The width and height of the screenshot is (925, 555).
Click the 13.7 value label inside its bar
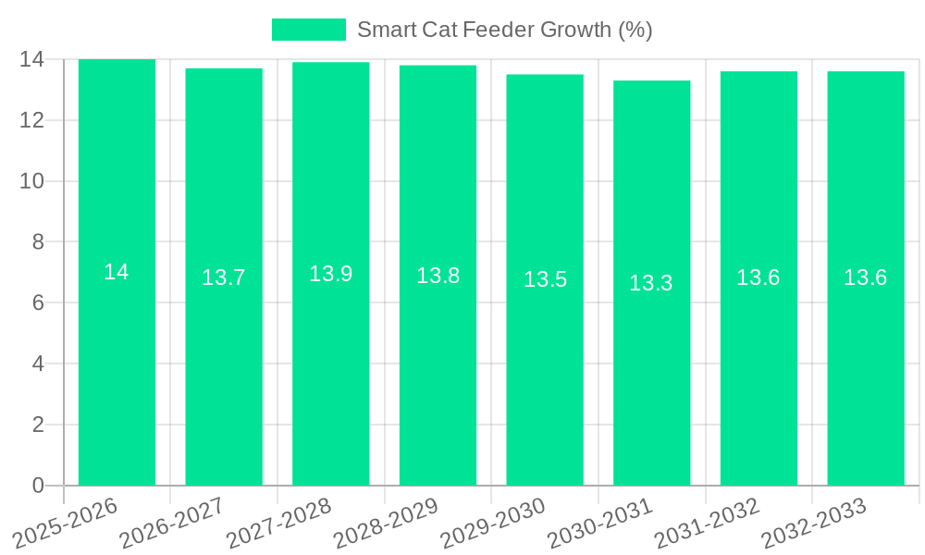click(x=224, y=277)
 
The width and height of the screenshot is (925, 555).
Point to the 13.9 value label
click(x=330, y=274)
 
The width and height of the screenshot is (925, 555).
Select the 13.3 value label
click(x=651, y=283)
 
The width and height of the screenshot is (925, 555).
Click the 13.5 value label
click(x=545, y=279)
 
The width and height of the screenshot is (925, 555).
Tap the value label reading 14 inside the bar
click(x=117, y=272)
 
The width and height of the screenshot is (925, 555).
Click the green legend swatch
click(x=308, y=30)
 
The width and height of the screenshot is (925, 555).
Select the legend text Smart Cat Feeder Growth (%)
click(x=505, y=30)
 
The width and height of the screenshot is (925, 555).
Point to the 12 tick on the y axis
click(x=31, y=120)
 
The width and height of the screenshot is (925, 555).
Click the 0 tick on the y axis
click(x=38, y=486)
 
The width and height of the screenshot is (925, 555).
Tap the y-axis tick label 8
click(x=38, y=242)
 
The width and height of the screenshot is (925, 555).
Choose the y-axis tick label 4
click(x=38, y=364)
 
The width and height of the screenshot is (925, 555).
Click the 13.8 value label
click(x=438, y=276)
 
